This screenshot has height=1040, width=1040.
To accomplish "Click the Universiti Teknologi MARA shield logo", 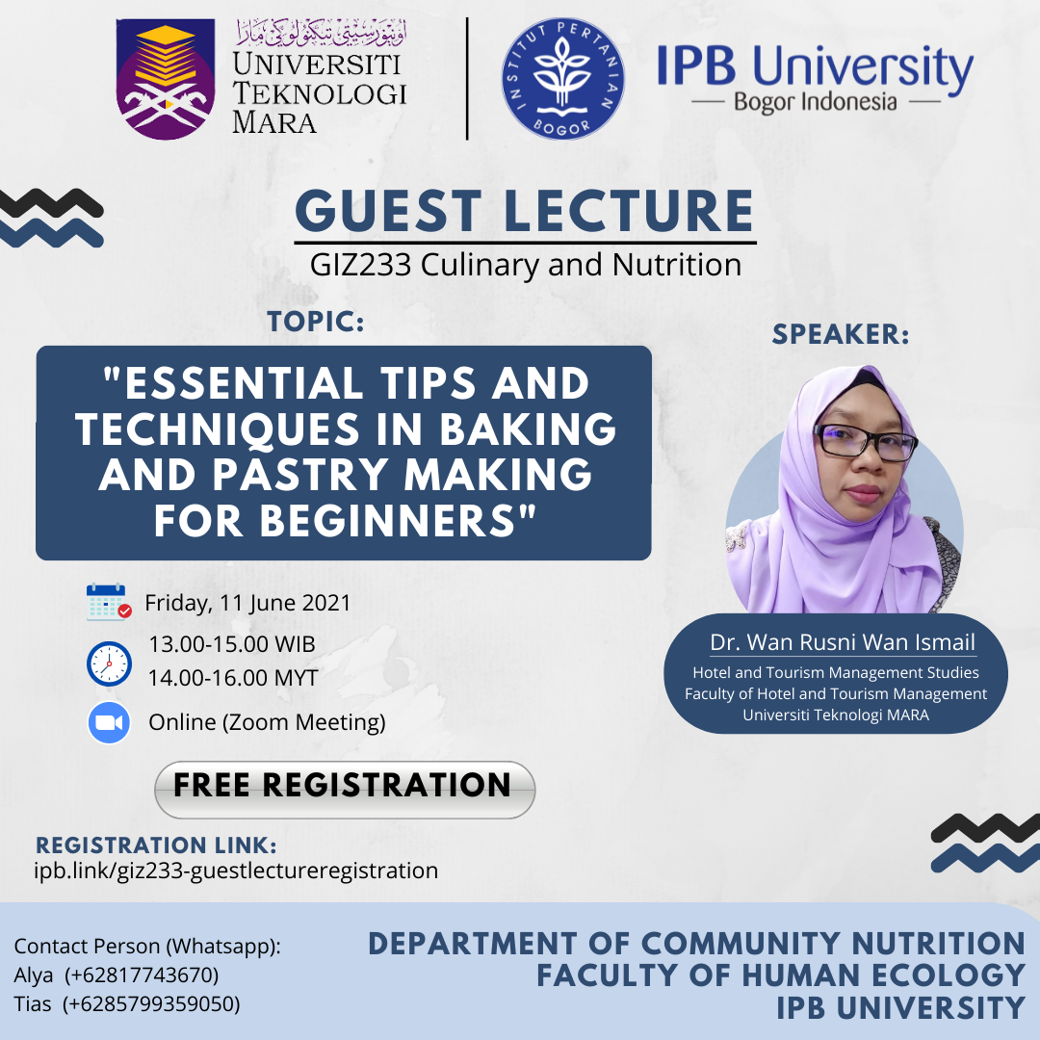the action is (x=166, y=79).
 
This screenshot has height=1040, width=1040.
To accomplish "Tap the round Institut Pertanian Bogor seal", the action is (x=562, y=79).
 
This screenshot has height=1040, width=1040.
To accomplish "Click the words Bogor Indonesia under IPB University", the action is (x=816, y=103).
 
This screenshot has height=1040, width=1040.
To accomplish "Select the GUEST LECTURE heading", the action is (x=524, y=211).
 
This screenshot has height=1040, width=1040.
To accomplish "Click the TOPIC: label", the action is (x=316, y=322).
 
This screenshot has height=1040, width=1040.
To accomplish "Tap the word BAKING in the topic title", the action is (x=528, y=429).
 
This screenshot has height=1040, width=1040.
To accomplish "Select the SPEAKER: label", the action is (x=841, y=334).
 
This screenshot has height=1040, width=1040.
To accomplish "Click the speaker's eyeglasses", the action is (x=866, y=442).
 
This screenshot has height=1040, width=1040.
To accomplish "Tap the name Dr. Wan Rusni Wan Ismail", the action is (x=843, y=642).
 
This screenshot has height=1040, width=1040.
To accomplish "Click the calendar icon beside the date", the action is (x=109, y=602).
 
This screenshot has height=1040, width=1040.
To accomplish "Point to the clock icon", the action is (x=109, y=663).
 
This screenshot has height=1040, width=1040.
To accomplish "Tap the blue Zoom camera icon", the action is (x=109, y=722).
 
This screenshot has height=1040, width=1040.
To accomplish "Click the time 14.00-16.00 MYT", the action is (x=233, y=678).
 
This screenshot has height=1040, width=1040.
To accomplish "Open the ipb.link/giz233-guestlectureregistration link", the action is (x=236, y=871).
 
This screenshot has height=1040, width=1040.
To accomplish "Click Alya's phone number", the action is (x=142, y=975).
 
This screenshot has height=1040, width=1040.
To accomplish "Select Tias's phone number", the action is (x=151, y=1004).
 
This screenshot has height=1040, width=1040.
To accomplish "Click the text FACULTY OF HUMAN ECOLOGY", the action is (x=781, y=975).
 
